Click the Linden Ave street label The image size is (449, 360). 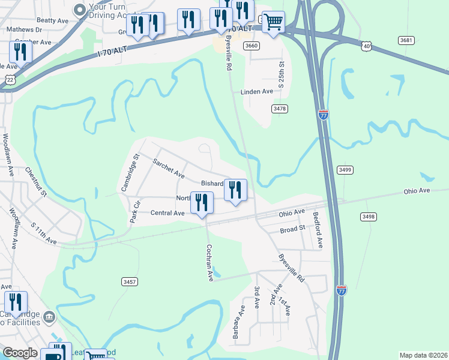pyautogui.click(x=256, y=92)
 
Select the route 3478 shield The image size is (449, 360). pyautogui.click(x=279, y=109)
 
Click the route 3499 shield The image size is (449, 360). pyautogui.click(x=344, y=170)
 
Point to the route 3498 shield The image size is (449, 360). pyautogui.click(x=369, y=216)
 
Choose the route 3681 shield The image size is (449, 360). pyautogui.click(x=406, y=40)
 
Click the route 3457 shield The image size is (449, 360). pyautogui.click(x=129, y=281)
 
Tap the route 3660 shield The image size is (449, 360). pyautogui.click(x=252, y=46)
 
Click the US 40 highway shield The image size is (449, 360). pyautogui.click(x=367, y=45)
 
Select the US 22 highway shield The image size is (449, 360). pyautogui.click(x=9, y=79)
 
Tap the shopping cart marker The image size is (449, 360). pyautogui.click(x=273, y=23)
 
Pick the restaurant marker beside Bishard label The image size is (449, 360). pyautogui.click(x=235, y=191)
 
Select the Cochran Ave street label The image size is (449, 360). pyautogui.click(x=209, y=262)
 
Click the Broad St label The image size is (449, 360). pyautogui.click(x=293, y=229)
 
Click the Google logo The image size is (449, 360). pyautogui.click(x=20, y=353)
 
